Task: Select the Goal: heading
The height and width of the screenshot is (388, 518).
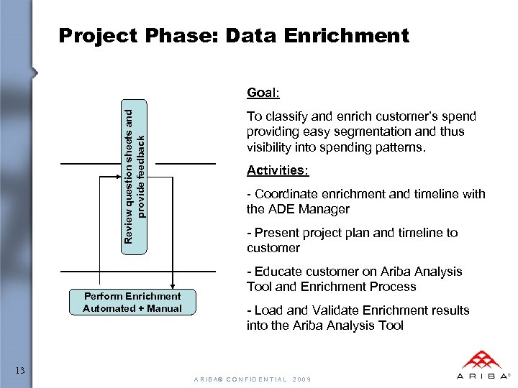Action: (x=263, y=93)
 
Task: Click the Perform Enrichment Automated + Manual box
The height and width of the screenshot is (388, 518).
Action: (x=132, y=302)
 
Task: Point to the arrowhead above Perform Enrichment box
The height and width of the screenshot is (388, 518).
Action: (x=173, y=283)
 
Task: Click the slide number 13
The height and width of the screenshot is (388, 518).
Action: (x=20, y=371)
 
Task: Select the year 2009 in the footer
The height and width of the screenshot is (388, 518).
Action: (x=302, y=379)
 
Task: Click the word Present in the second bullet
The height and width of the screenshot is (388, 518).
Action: (x=276, y=233)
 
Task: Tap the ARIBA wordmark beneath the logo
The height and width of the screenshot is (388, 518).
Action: (x=481, y=376)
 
